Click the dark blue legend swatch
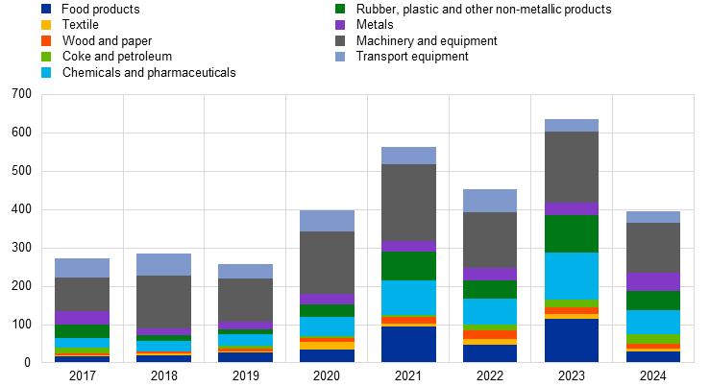click(46, 9)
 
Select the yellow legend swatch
click(46, 25)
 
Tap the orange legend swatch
click(46, 40)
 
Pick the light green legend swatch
click(46, 57)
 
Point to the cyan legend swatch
click(46, 72)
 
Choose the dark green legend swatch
click(340, 9)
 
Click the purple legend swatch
click(340, 25)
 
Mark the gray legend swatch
click(340, 40)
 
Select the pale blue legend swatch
click(340, 57)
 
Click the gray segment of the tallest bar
click(572, 167)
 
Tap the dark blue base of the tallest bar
click(572, 340)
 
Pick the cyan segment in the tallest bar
click(572, 276)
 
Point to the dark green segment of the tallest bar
click(572, 233)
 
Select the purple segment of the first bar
click(82, 317)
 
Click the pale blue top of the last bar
click(653, 217)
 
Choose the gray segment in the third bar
click(245, 300)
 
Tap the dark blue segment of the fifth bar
click(408, 344)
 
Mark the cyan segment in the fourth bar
click(327, 327)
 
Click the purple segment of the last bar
click(653, 281)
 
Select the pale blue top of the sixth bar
click(490, 201)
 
